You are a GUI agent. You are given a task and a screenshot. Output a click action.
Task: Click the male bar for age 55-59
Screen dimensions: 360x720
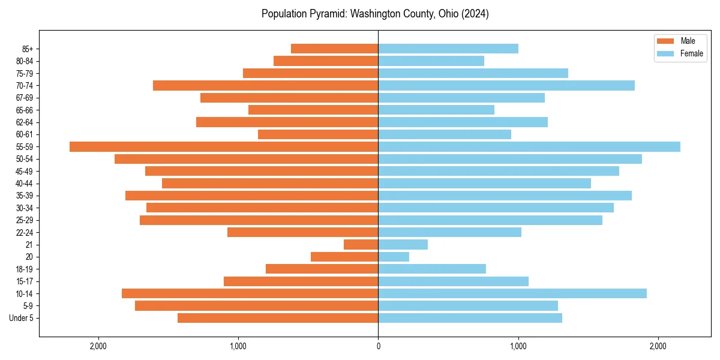(224, 146)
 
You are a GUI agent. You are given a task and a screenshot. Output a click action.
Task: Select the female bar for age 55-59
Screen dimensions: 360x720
(529, 146)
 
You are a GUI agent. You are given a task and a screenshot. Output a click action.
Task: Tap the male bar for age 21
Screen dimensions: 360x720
(361, 244)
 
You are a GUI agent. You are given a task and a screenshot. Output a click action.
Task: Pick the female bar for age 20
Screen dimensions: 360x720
(394, 257)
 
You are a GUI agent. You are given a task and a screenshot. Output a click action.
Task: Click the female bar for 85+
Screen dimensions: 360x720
(448, 49)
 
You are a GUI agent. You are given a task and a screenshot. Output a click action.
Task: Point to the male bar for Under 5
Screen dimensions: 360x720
(278, 318)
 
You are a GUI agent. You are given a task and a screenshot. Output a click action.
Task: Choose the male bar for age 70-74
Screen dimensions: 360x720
(265, 85)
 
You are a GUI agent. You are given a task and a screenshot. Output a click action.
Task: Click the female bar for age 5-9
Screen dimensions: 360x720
(468, 305)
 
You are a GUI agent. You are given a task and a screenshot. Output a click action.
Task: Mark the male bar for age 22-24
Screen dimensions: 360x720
(302, 232)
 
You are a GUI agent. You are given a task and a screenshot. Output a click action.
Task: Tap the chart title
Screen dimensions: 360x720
(375, 14)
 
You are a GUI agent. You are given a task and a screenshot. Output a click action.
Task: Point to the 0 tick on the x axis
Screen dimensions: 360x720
(378, 346)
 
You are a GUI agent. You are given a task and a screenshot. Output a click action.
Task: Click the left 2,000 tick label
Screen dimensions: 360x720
(98, 346)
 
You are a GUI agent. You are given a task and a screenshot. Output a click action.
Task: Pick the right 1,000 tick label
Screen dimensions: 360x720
(518, 346)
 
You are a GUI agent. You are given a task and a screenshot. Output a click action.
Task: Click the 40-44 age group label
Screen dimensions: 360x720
(25, 183)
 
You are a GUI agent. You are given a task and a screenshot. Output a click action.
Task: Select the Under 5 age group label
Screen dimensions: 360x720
(21, 318)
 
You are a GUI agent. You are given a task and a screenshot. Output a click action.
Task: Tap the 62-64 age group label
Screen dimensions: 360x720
(25, 122)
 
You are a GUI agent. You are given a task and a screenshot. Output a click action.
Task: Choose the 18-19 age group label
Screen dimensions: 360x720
(25, 269)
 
